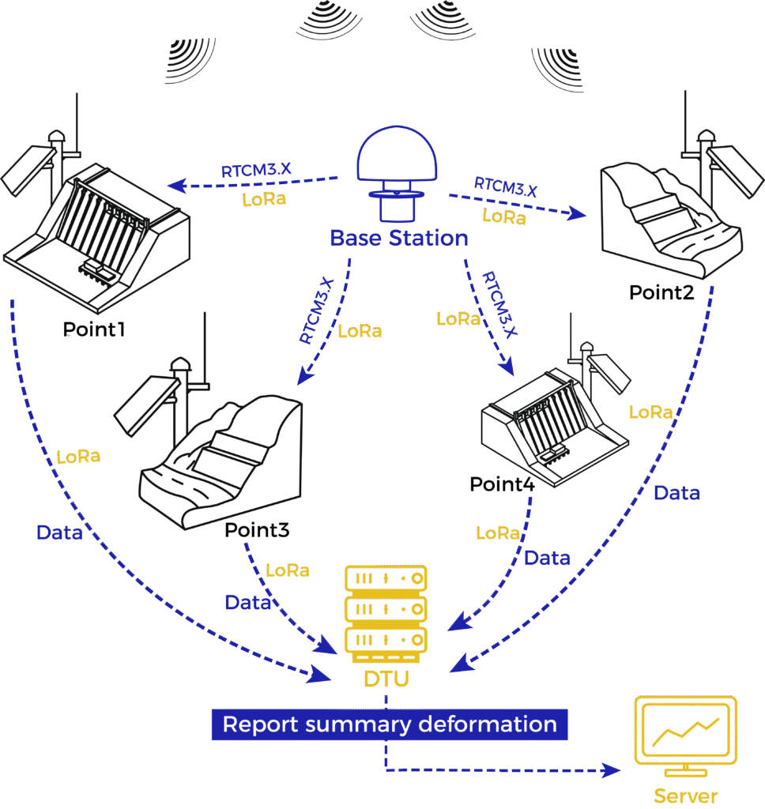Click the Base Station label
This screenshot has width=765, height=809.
click(x=398, y=238)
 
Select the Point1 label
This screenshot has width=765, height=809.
click(x=95, y=329)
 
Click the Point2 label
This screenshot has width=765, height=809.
click(x=661, y=293)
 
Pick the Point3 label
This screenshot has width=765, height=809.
click(x=257, y=529)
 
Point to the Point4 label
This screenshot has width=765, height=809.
click(x=502, y=484)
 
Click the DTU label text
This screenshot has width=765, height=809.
click(x=386, y=677)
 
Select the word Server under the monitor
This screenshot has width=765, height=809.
click(x=686, y=794)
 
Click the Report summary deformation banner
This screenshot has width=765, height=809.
click(x=390, y=724)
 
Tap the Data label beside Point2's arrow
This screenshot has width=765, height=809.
click(x=676, y=493)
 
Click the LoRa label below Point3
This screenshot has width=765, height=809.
click(x=288, y=570)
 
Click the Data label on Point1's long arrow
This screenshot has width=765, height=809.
click(x=59, y=532)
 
